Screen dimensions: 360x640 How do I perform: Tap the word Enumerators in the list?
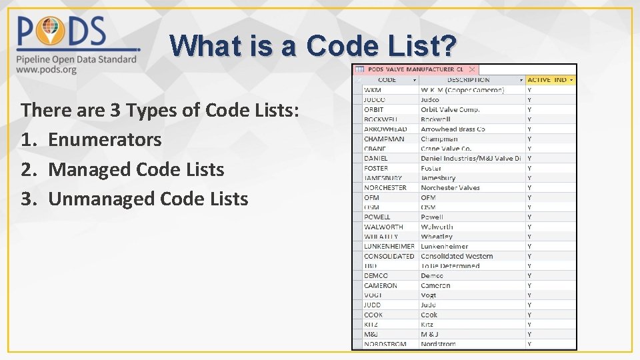105,140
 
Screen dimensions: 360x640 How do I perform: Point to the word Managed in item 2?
89,169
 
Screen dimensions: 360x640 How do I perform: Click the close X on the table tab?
472,69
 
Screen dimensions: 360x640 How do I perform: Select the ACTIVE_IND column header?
547,80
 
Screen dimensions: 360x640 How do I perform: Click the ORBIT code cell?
374,109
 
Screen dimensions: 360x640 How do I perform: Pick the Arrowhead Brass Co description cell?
453,129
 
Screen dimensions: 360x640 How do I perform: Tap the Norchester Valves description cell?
450,187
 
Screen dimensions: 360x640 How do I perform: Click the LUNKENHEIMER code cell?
389,246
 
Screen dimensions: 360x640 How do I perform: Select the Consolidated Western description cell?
457,256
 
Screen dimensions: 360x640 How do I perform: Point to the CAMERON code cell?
381,285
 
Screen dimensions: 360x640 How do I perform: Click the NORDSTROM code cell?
385,344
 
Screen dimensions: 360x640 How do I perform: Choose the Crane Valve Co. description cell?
446,149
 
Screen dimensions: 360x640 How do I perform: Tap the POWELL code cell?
377,217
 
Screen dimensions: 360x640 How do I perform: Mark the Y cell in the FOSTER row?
529,168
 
